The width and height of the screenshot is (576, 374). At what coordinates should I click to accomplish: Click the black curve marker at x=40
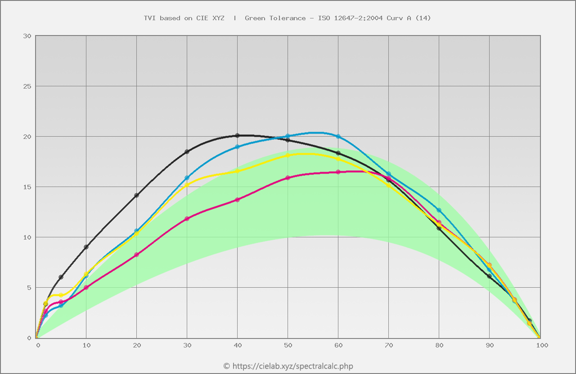point(238,135)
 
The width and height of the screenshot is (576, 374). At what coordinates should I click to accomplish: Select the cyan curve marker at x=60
point(338,136)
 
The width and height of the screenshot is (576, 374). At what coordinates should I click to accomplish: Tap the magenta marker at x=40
point(238,200)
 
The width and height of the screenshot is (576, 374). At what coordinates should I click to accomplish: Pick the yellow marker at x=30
point(187,185)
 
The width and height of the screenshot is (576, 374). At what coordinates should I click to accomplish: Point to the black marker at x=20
point(137,195)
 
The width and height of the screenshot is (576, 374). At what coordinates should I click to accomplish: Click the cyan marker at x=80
point(439,210)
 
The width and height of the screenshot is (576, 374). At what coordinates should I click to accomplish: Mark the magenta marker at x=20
point(137,254)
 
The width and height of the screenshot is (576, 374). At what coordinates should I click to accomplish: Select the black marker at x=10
point(86,247)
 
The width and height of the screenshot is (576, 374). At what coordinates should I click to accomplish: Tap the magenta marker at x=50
point(288,178)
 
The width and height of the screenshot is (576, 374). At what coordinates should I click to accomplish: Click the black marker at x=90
point(490,276)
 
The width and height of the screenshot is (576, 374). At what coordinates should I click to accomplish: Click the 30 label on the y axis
point(27,36)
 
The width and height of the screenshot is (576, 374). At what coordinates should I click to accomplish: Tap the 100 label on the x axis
point(542,345)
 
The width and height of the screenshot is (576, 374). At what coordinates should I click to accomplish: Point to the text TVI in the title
point(149,18)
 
